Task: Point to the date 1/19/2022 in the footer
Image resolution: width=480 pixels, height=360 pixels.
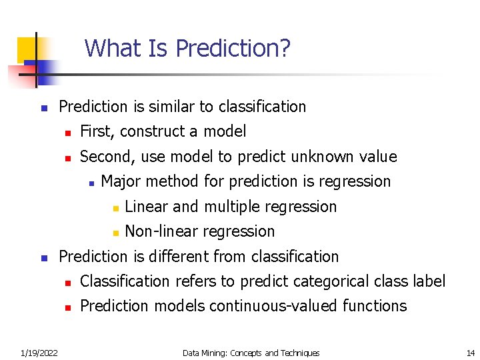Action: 39,353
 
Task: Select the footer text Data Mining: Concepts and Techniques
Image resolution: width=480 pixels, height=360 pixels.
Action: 251,353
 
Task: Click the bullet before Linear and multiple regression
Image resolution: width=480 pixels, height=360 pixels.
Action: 115,208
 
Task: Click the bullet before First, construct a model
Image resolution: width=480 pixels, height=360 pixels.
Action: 67,133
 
